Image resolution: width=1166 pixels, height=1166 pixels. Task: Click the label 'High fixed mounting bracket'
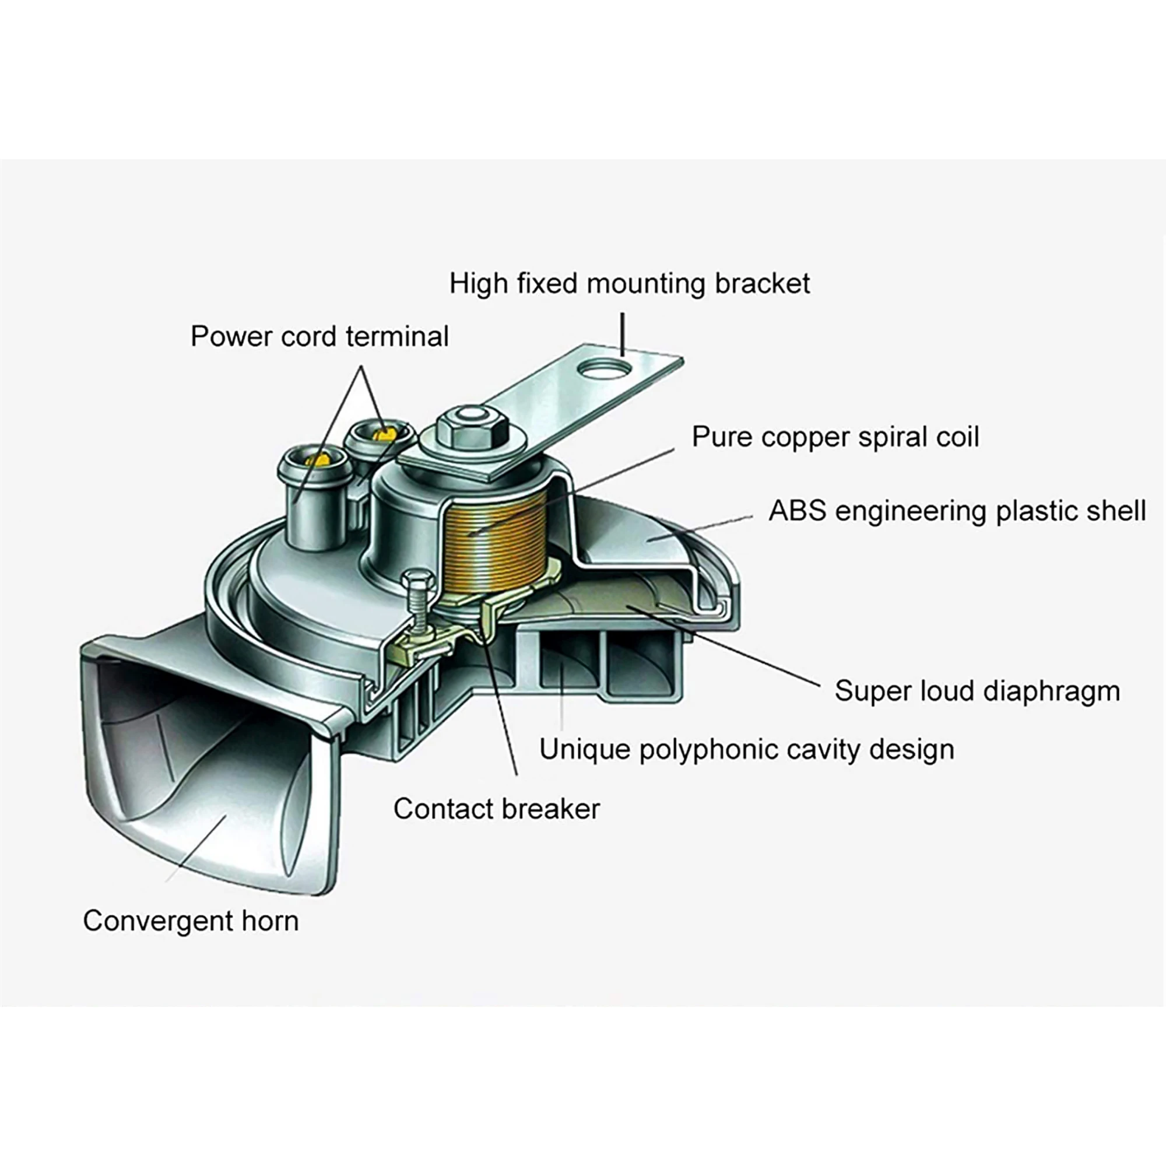click(x=630, y=284)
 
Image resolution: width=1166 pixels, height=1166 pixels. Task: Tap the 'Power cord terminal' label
click(x=319, y=336)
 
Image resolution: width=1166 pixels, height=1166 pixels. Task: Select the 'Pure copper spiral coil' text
click(x=835, y=437)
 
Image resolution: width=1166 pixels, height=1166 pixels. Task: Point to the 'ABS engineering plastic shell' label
click(x=957, y=511)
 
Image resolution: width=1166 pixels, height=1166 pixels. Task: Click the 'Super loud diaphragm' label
click(x=977, y=691)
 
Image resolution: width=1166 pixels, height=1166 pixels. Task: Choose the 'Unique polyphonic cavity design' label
click(x=747, y=750)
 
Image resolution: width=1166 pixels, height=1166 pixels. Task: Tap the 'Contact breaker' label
click(x=497, y=809)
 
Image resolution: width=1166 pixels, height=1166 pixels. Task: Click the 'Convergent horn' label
click(x=191, y=921)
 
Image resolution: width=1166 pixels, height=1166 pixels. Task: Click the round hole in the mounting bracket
click(x=604, y=368)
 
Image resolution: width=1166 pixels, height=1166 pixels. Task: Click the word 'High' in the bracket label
click(x=478, y=284)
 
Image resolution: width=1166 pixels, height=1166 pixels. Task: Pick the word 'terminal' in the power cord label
click(x=397, y=336)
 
